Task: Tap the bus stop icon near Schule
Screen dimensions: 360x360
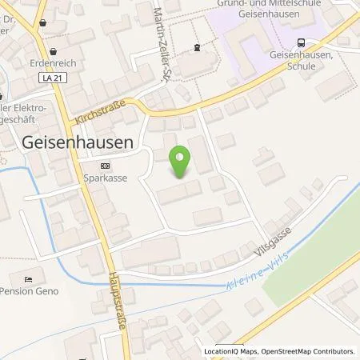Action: click(300, 42)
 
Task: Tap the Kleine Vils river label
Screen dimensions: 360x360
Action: click(233, 276)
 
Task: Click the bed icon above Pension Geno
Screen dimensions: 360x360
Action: click(28, 279)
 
